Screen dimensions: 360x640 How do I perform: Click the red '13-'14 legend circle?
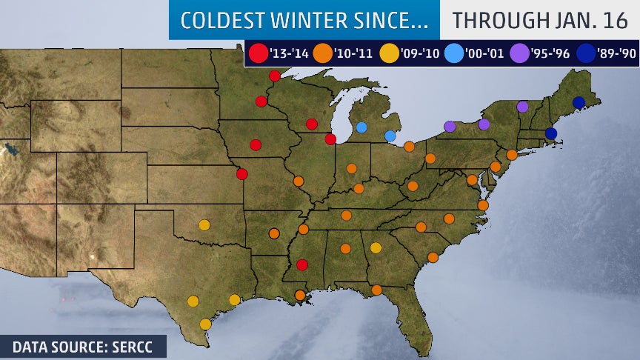257,53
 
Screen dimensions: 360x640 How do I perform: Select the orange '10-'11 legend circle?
322,53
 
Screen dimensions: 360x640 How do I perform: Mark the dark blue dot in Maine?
579,102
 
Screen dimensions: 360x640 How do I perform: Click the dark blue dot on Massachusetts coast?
550,133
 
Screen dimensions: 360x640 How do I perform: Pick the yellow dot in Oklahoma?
204,225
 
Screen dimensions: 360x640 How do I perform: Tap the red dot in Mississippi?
301,264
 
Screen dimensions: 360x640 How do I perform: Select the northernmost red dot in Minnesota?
275,76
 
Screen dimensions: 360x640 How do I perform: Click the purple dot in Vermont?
522,107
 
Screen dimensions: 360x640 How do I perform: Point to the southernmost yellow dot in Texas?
205,324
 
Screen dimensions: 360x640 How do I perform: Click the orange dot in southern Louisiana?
299,295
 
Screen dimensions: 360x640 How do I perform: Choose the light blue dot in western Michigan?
361,127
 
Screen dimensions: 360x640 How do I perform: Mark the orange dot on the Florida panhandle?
376,290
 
